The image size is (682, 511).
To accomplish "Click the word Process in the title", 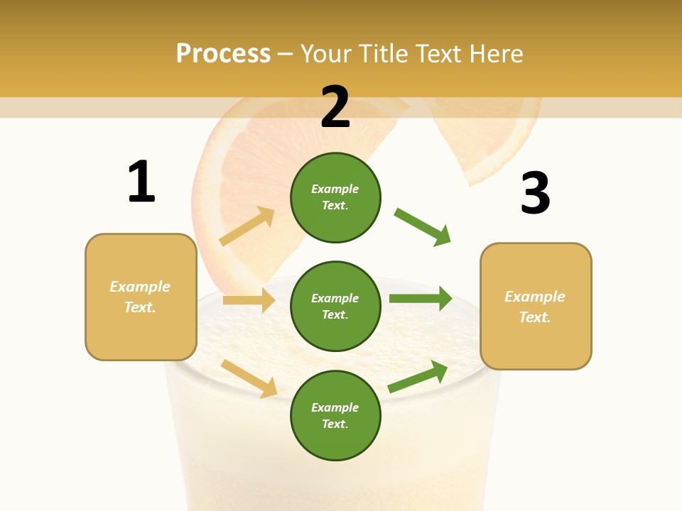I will point(223,54).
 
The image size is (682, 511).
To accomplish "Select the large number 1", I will point(141,182).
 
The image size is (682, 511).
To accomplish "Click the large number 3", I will point(535,194).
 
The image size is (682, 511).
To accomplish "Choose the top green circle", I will point(335,197).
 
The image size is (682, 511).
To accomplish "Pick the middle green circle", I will point(335,306).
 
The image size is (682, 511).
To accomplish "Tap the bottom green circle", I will point(335,415).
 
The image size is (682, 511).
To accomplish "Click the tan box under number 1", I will point(141,297).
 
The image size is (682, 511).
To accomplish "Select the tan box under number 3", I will point(536,306).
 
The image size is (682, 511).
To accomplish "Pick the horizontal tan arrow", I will point(249,300).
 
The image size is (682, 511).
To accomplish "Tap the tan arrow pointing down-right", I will point(249,378).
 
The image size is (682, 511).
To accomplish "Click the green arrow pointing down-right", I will point(423,227).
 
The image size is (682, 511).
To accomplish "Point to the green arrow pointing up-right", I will point(418,377).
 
